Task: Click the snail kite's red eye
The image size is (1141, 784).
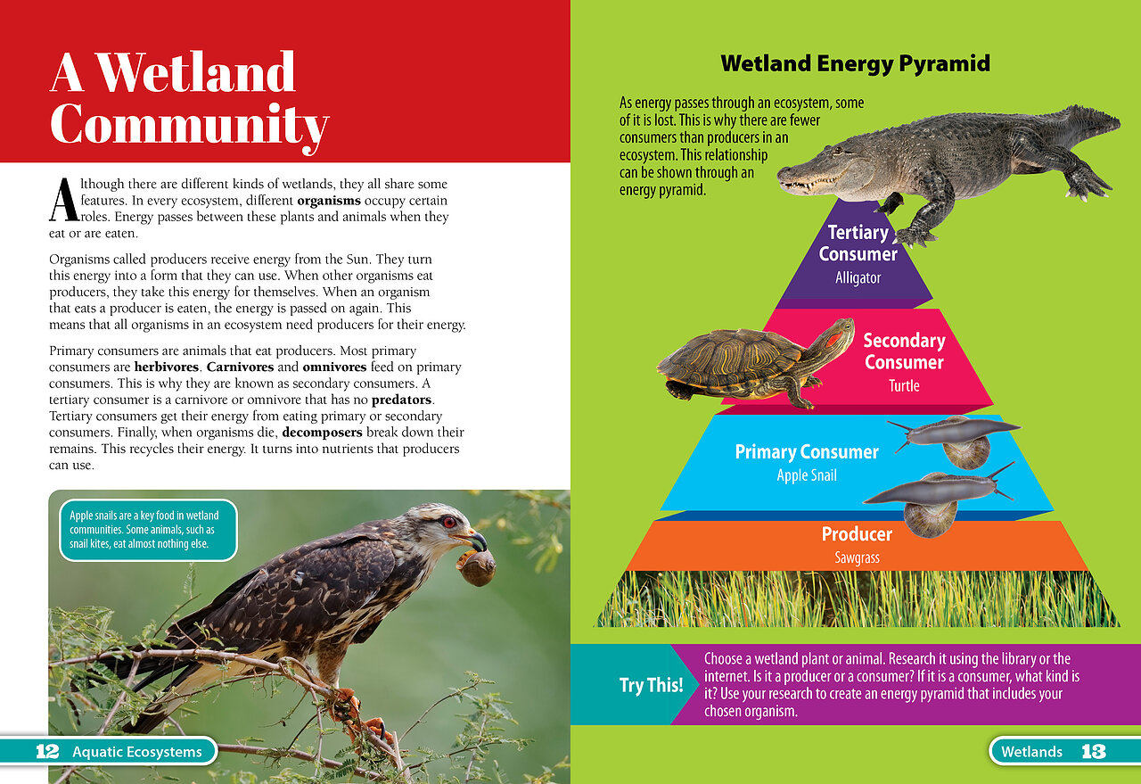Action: tap(449, 522)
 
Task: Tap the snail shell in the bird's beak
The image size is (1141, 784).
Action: tap(477, 568)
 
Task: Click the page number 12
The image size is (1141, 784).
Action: tap(47, 751)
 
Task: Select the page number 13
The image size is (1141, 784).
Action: tap(1093, 751)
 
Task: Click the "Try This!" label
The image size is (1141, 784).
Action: tap(651, 685)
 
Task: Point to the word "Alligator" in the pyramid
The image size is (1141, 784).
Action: tap(858, 277)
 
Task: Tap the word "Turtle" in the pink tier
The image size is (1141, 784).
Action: tap(904, 385)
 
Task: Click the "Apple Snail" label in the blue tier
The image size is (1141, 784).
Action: tap(807, 475)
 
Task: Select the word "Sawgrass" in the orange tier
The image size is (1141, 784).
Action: tap(858, 557)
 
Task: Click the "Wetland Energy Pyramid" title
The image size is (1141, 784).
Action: tap(855, 63)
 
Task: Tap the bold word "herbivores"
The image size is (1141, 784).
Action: tap(167, 367)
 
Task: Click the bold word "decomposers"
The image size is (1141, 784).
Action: tap(322, 433)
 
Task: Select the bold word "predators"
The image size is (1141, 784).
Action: tap(402, 400)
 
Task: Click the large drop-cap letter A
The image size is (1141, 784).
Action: tap(64, 199)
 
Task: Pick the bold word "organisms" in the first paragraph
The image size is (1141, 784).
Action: tap(329, 201)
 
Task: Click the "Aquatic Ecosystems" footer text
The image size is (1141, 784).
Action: tap(137, 752)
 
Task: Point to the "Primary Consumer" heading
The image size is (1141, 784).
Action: tap(807, 451)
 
